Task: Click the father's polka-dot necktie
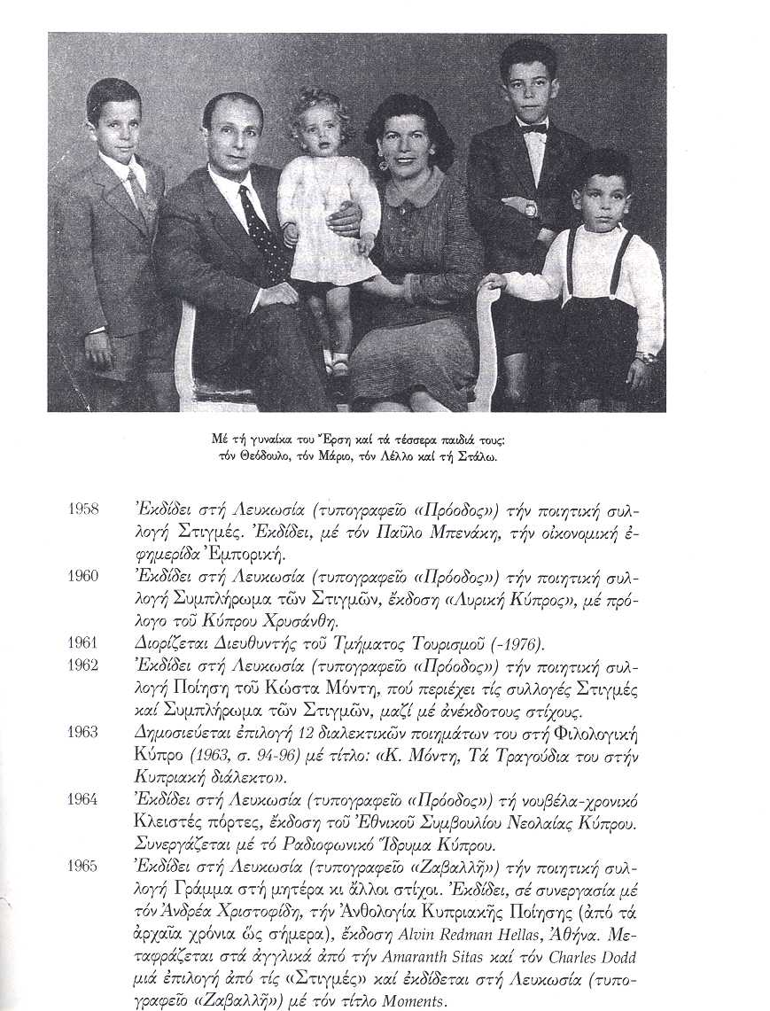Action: tap(267, 234)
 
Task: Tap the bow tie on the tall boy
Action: tap(533, 128)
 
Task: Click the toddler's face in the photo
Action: tap(323, 134)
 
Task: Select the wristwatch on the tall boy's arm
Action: tap(530, 209)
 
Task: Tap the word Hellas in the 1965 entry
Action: tap(533, 934)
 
